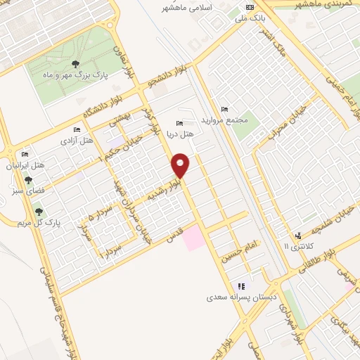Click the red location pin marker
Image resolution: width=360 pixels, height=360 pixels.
(x=181, y=165)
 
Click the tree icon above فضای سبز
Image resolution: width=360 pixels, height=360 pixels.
(x=27, y=180)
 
